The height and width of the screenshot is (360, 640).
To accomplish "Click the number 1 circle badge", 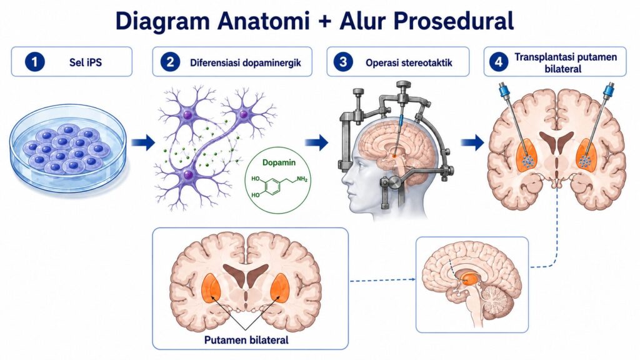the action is [x=34, y=62].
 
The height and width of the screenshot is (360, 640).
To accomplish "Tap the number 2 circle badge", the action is [x=170, y=62].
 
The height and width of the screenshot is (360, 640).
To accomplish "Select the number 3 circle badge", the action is [x=343, y=62].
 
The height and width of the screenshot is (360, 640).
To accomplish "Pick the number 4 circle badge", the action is [x=498, y=62].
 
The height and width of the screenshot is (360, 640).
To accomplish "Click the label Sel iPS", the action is [x=86, y=62].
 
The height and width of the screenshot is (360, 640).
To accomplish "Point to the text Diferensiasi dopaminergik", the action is [x=246, y=63].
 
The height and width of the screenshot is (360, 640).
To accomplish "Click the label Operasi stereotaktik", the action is [x=409, y=63].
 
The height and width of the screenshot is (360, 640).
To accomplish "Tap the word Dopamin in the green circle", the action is [x=279, y=162].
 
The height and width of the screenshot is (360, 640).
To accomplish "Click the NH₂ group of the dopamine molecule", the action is [x=302, y=179].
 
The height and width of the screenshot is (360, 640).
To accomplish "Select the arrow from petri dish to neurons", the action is [x=143, y=142].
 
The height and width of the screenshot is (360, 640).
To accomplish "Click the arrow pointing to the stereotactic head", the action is [x=317, y=142].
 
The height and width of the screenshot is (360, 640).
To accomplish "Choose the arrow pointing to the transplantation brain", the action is [x=472, y=142].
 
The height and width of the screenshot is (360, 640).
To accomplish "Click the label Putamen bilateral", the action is [x=246, y=340].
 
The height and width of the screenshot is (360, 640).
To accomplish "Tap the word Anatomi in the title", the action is [x=263, y=21].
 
